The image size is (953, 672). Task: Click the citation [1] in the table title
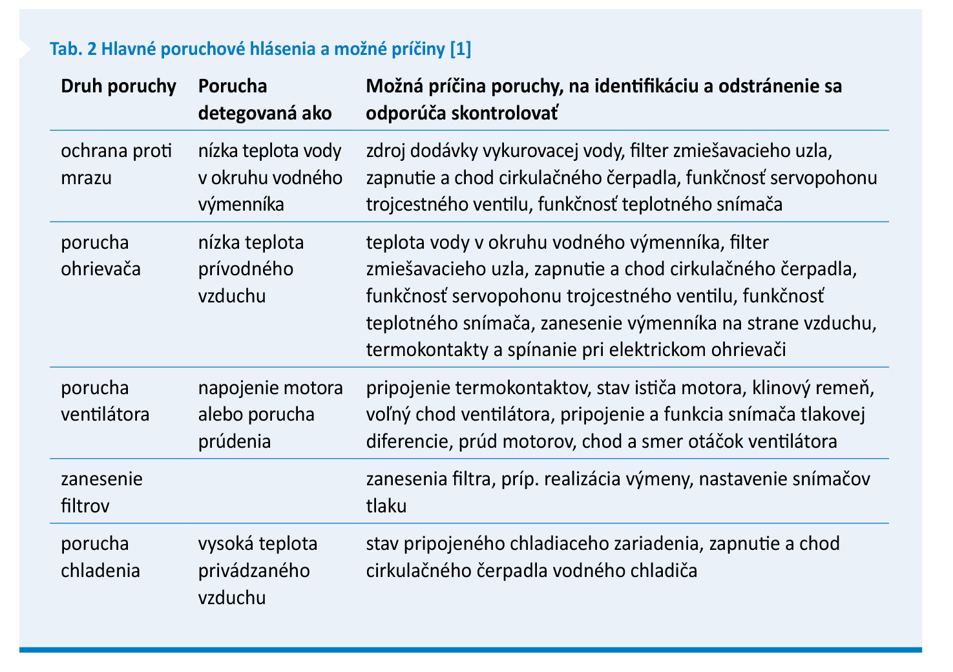[459, 49]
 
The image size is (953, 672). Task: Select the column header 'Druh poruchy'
[118, 87]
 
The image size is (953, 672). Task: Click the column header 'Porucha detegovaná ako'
[264, 100]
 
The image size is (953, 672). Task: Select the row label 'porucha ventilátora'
[105, 401]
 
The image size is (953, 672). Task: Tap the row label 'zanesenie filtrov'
[101, 492]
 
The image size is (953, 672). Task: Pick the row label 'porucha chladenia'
[100, 557]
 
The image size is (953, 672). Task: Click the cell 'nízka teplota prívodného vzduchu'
[251, 269]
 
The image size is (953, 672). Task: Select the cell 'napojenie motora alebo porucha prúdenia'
[270, 414]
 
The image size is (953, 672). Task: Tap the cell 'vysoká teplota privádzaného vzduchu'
[257, 570]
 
